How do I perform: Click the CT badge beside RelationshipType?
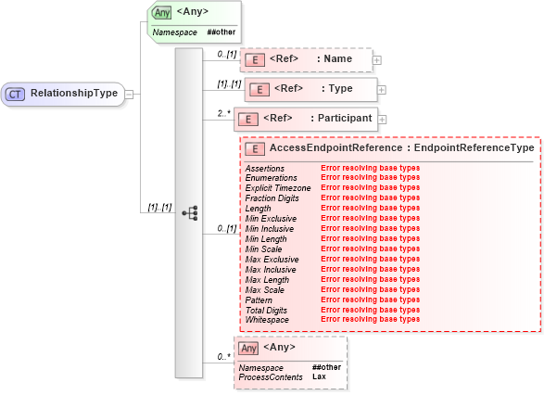tap(16, 94)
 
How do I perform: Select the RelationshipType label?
tap(73, 94)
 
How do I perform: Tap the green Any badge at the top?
tap(162, 12)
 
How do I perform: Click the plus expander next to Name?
tap(377, 60)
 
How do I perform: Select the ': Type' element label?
tap(336, 89)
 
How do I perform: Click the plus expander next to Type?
tap(382, 90)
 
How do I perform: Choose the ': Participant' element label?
tap(340, 118)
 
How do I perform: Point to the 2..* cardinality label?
tap(223, 112)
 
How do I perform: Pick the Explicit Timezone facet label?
tap(278, 188)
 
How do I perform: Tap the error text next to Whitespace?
tap(370, 320)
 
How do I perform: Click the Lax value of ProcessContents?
tap(319, 376)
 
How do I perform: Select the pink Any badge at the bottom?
tap(248, 349)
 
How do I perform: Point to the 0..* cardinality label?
tap(223, 356)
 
